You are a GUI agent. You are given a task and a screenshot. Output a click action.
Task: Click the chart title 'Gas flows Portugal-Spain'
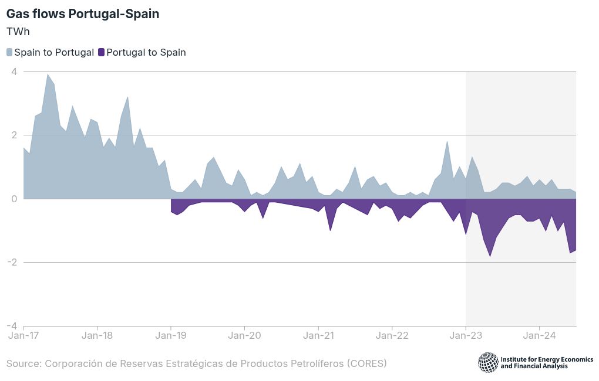(83, 14)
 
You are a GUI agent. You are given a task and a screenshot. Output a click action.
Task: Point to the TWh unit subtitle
(18, 32)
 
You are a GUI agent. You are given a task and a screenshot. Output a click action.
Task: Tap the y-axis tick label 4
(14, 72)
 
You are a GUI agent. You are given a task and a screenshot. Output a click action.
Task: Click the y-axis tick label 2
(14, 135)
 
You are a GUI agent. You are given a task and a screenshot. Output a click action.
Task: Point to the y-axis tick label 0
(14, 199)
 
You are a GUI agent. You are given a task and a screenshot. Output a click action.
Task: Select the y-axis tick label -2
(12, 262)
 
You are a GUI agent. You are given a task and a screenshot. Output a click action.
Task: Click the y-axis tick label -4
(12, 326)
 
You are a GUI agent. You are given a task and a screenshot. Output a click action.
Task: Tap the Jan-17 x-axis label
(23, 336)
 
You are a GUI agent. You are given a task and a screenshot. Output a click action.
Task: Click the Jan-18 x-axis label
(97, 336)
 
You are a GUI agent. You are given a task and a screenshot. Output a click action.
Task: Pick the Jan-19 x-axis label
(171, 336)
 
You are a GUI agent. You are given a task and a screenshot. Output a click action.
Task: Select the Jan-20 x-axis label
(244, 336)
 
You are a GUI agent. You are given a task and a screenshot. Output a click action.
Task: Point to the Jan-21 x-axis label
(318, 336)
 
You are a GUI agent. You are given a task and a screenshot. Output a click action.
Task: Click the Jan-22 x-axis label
(392, 336)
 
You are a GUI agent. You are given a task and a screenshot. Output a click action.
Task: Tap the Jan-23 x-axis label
(466, 336)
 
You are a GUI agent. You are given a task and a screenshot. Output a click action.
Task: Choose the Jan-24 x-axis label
(539, 336)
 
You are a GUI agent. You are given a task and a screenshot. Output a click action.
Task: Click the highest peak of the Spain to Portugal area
(48, 74)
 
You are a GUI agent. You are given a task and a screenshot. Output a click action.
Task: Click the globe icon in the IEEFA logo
(488, 362)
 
